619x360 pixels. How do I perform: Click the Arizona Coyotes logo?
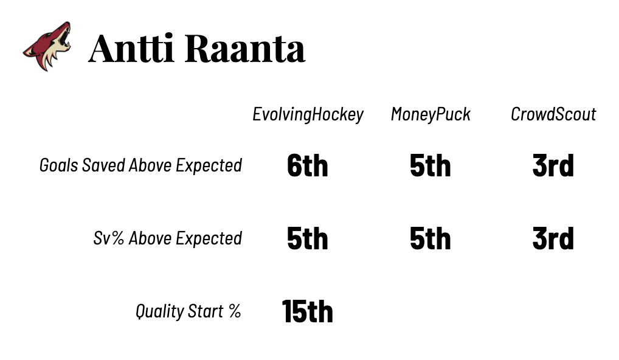click(x=47, y=46)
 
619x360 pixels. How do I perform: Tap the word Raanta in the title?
click(x=245, y=48)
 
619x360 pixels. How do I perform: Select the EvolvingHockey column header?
click(x=308, y=114)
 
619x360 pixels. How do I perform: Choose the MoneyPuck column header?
click(x=431, y=114)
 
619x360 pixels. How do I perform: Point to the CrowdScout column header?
click(x=553, y=114)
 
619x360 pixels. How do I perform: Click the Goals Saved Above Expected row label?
click(x=140, y=165)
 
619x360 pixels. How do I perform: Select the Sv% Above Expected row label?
click(x=167, y=238)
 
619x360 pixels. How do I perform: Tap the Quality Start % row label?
click(x=188, y=311)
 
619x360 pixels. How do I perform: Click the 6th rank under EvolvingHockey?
click(x=308, y=165)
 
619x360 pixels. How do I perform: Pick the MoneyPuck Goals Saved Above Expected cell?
click(x=431, y=165)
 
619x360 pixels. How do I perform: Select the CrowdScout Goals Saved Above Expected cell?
click(x=553, y=165)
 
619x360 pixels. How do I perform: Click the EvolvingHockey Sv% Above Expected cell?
click(x=308, y=238)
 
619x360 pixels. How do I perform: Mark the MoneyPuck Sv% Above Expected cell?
click(x=431, y=238)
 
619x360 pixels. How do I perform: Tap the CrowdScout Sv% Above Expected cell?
click(x=553, y=238)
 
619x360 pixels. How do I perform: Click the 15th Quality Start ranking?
click(x=308, y=311)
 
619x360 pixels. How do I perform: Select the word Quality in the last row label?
click(x=160, y=311)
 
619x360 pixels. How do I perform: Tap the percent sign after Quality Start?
click(x=235, y=311)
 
